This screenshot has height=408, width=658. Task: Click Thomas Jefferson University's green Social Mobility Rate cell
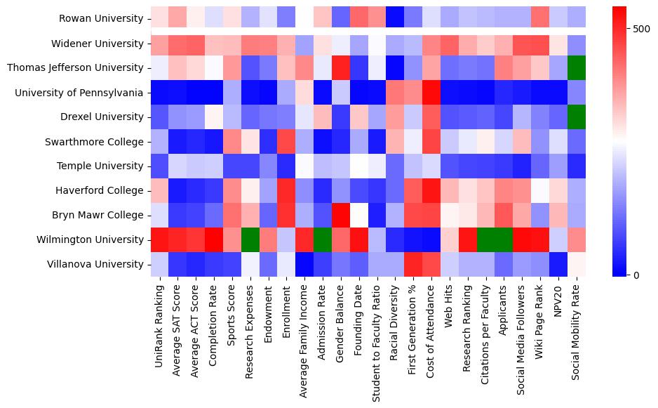[x=577, y=68]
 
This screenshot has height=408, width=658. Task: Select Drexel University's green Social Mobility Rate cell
[x=577, y=117]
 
